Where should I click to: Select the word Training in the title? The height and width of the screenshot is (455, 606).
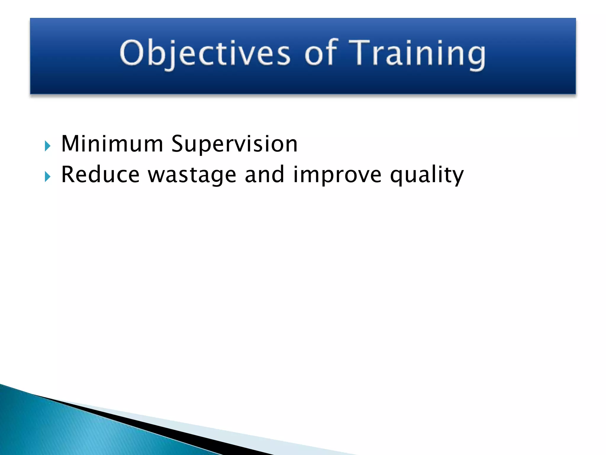[x=417, y=53]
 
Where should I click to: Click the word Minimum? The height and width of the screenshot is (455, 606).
[x=112, y=144]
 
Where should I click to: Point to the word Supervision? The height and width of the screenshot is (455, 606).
[x=234, y=144]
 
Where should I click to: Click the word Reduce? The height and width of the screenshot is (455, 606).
[x=100, y=175]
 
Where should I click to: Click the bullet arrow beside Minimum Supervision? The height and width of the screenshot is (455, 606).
[x=47, y=146]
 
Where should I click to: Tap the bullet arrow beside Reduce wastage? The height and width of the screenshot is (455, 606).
[x=47, y=177]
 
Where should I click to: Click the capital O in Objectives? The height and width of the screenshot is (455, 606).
[x=131, y=53]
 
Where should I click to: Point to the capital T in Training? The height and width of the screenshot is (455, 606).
[x=360, y=53]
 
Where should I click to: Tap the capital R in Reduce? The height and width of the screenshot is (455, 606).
[x=69, y=175]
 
